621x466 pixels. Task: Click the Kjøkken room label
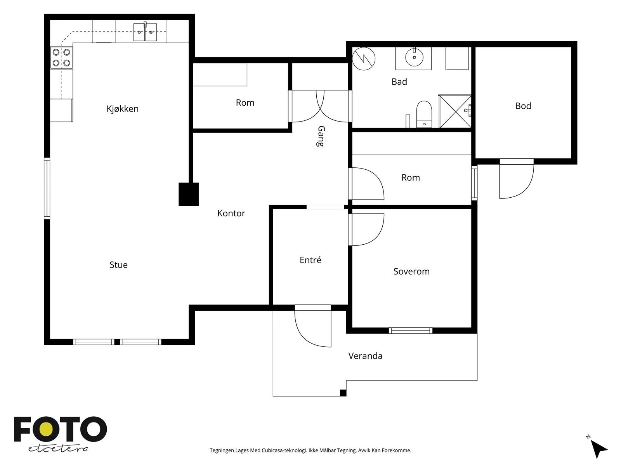click(123, 109)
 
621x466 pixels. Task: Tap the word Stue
click(118, 265)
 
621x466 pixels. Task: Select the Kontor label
click(231, 213)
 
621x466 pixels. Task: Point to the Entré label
click(310, 260)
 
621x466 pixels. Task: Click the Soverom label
click(411, 271)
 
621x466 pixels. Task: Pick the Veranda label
click(365, 356)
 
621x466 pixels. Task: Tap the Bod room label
click(523, 106)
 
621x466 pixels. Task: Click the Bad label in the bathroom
click(399, 82)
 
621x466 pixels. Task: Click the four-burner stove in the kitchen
click(61, 58)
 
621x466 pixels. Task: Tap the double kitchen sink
click(145, 32)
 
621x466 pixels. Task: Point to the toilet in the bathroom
click(424, 114)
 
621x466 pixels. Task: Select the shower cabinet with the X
click(455, 111)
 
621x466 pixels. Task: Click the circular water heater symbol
click(364, 59)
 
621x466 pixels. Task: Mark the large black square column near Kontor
click(189, 195)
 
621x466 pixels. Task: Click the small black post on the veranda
click(343, 393)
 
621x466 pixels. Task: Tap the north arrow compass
click(597, 448)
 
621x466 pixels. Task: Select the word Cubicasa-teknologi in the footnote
click(284, 450)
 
